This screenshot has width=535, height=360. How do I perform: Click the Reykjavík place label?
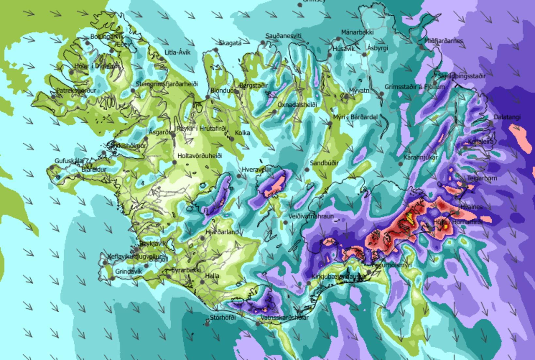153,243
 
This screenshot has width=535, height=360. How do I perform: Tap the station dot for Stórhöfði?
207,323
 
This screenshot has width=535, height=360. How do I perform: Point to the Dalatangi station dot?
491,123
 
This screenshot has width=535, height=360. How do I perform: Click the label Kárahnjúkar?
420,157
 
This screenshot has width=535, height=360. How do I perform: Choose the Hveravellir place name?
257,170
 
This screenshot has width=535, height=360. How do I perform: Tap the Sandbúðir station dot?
307,170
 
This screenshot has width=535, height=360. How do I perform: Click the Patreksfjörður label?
76,90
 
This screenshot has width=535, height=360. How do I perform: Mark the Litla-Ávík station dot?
162,59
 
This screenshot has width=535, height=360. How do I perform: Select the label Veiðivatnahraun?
311,216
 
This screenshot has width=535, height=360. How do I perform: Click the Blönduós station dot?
208,97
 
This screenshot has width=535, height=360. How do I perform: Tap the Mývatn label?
359,90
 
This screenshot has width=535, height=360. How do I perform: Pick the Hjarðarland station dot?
203,238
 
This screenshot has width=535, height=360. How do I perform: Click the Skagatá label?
230,43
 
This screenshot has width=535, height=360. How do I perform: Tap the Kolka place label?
242,133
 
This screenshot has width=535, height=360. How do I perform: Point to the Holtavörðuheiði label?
200,156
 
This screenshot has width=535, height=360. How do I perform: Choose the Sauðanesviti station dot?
263,42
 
